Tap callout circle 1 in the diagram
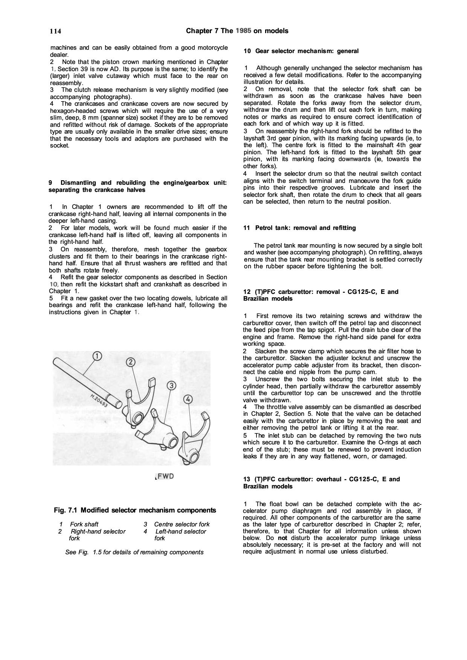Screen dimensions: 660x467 tap(97, 356)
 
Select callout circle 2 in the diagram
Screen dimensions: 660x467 tap(130, 362)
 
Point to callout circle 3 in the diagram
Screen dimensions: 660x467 tap(171, 385)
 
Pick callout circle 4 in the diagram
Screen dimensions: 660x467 tap(188, 399)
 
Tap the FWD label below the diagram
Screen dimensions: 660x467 tap(165, 476)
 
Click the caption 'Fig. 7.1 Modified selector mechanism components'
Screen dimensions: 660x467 tap(135, 510)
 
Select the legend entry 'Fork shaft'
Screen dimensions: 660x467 tap(84, 524)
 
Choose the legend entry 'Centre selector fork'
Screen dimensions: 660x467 tap(182, 524)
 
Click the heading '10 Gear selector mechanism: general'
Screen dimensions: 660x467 tap(301, 51)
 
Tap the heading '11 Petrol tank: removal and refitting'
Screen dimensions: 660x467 tap(299, 228)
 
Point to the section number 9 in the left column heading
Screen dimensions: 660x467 tap(50, 183)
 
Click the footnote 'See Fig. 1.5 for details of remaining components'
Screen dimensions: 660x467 tap(134, 552)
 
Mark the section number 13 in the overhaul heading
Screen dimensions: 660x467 tap(247, 479)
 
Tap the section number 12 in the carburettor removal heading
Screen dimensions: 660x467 tap(247, 292)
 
